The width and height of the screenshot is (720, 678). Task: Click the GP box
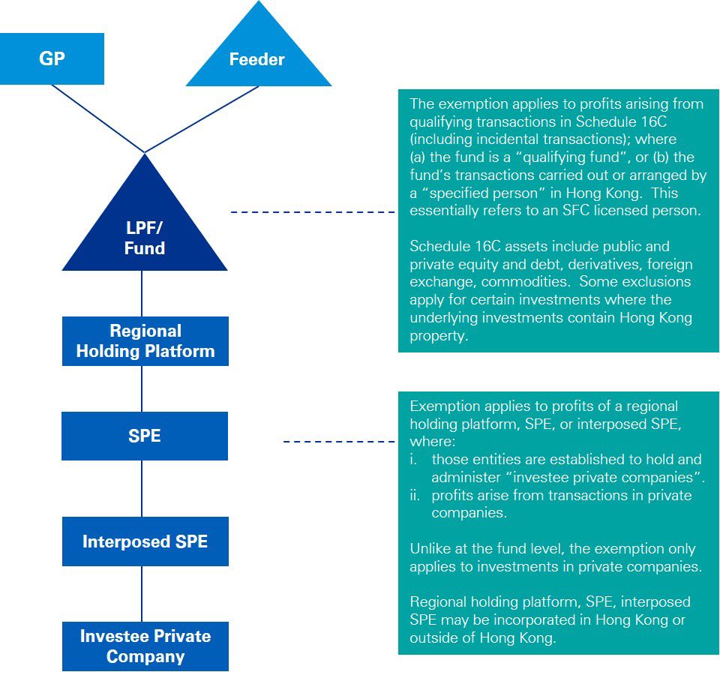[x=52, y=58]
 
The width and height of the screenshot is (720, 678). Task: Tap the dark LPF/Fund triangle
[x=145, y=232]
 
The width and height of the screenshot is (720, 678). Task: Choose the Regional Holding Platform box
[x=145, y=341]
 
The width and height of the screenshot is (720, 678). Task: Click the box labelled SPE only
[x=145, y=436]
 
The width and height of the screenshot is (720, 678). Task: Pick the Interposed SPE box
[x=145, y=541]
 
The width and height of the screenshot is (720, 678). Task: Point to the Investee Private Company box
[x=145, y=646]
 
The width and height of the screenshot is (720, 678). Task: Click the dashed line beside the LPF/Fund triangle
[x=313, y=213]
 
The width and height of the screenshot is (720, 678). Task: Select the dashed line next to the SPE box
[x=340, y=442]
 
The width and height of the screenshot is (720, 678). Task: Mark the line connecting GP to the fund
[x=97, y=118]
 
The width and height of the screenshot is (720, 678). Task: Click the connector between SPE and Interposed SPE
[x=142, y=487]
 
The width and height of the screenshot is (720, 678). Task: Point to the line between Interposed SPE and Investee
[x=142, y=593]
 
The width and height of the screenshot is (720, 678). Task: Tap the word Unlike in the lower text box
[x=429, y=549]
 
